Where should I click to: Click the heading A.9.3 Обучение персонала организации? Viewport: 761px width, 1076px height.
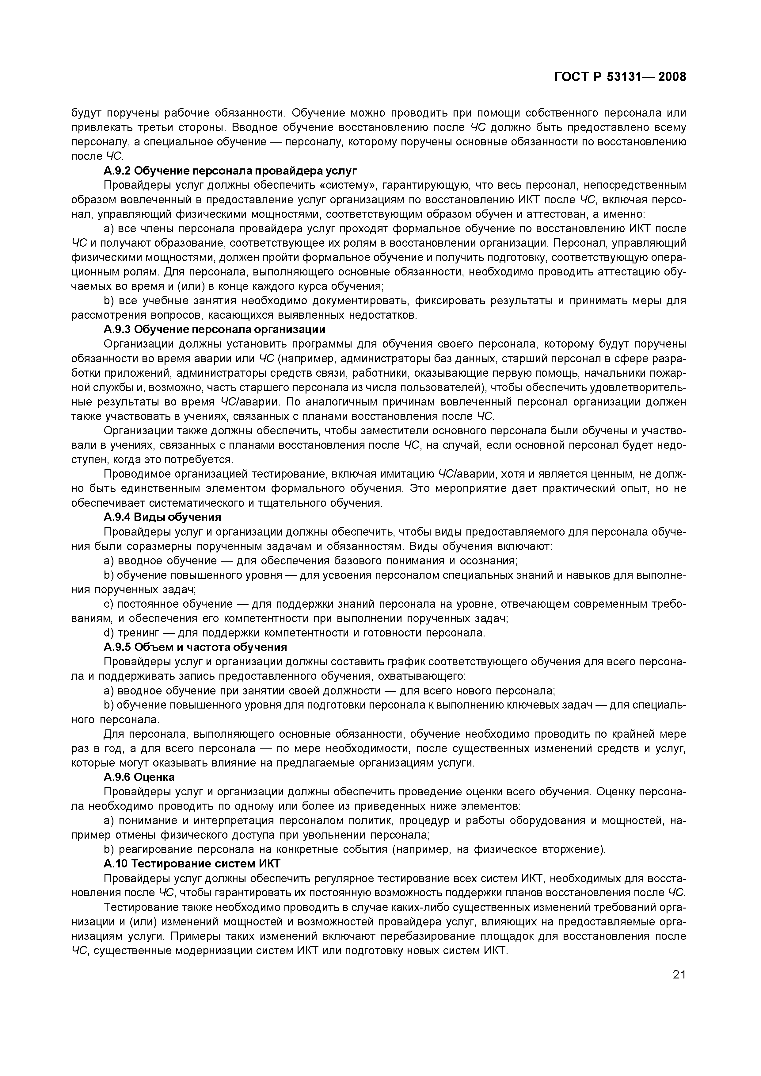tap(214, 329)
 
